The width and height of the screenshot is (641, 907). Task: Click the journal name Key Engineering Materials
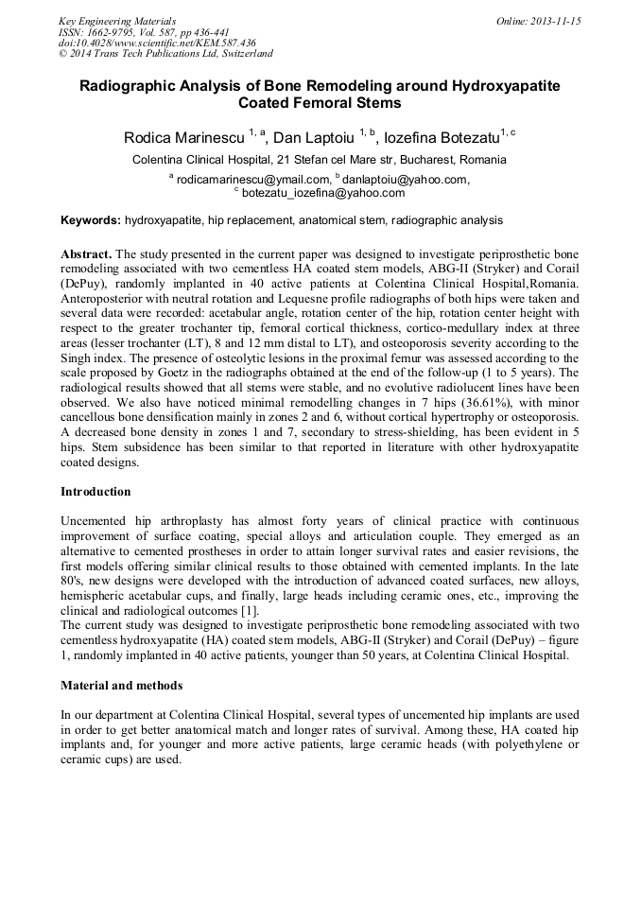117,21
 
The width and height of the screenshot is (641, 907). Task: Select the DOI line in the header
156,43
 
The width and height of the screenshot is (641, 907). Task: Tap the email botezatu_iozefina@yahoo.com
323,192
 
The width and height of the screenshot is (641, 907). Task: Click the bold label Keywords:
91,220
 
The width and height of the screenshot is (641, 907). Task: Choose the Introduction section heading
95,492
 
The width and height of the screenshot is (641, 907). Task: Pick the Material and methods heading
121,685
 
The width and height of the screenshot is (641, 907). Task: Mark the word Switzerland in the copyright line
239,54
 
